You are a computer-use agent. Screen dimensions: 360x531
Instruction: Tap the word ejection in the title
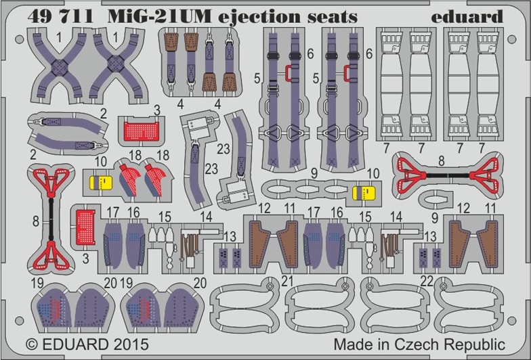click(x=228, y=15)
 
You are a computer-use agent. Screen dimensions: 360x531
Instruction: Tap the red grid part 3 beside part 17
click(x=84, y=224)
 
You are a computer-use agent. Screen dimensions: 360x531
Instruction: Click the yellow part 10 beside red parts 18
click(x=100, y=182)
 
